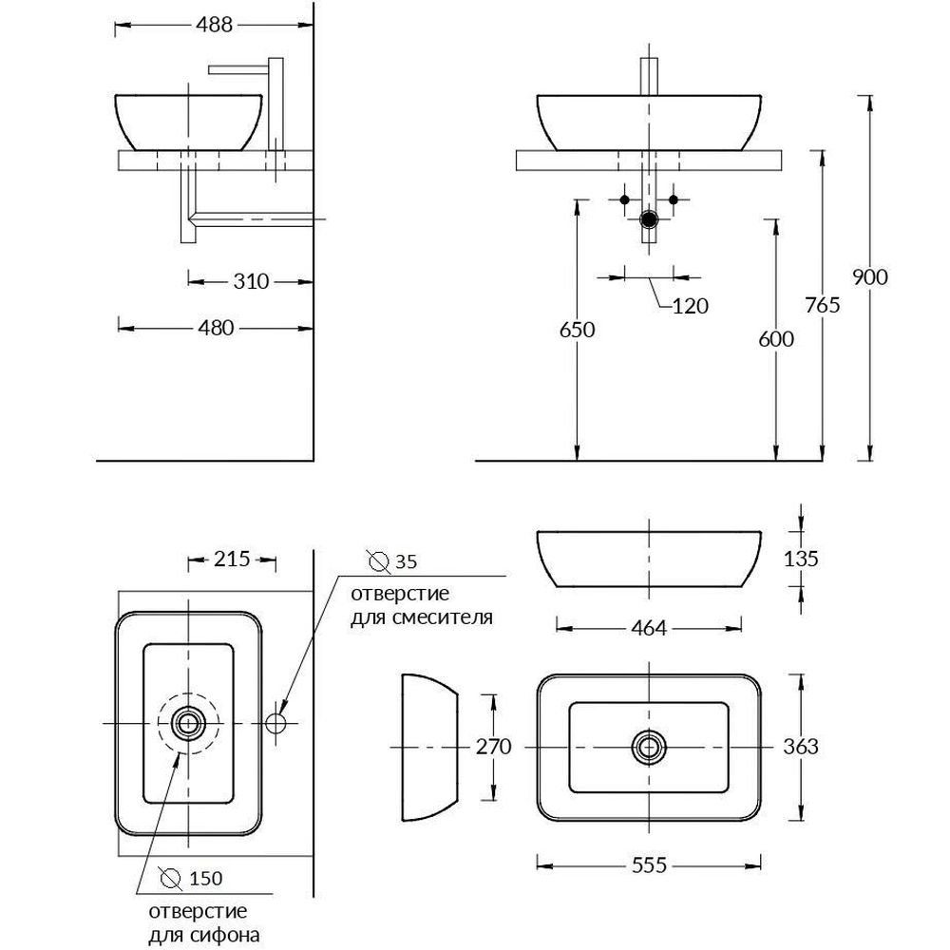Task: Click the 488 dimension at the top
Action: (x=215, y=26)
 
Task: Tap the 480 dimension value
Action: (x=216, y=327)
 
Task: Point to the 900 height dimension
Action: (x=869, y=277)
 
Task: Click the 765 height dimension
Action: (x=822, y=305)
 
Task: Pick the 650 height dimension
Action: (x=577, y=330)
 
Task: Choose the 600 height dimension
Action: (x=776, y=339)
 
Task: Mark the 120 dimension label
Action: (x=691, y=306)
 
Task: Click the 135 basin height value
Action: (x=802, y=559)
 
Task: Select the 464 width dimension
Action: (x=649, y=628)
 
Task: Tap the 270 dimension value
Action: (x=493, y=747)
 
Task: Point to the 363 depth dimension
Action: (x=802, y=747)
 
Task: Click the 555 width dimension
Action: (x=649, y=864)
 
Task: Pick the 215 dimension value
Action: (x=232, y=559)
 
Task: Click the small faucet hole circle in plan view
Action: (x=276, y=723)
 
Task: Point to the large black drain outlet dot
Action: (x=649, y=219)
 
